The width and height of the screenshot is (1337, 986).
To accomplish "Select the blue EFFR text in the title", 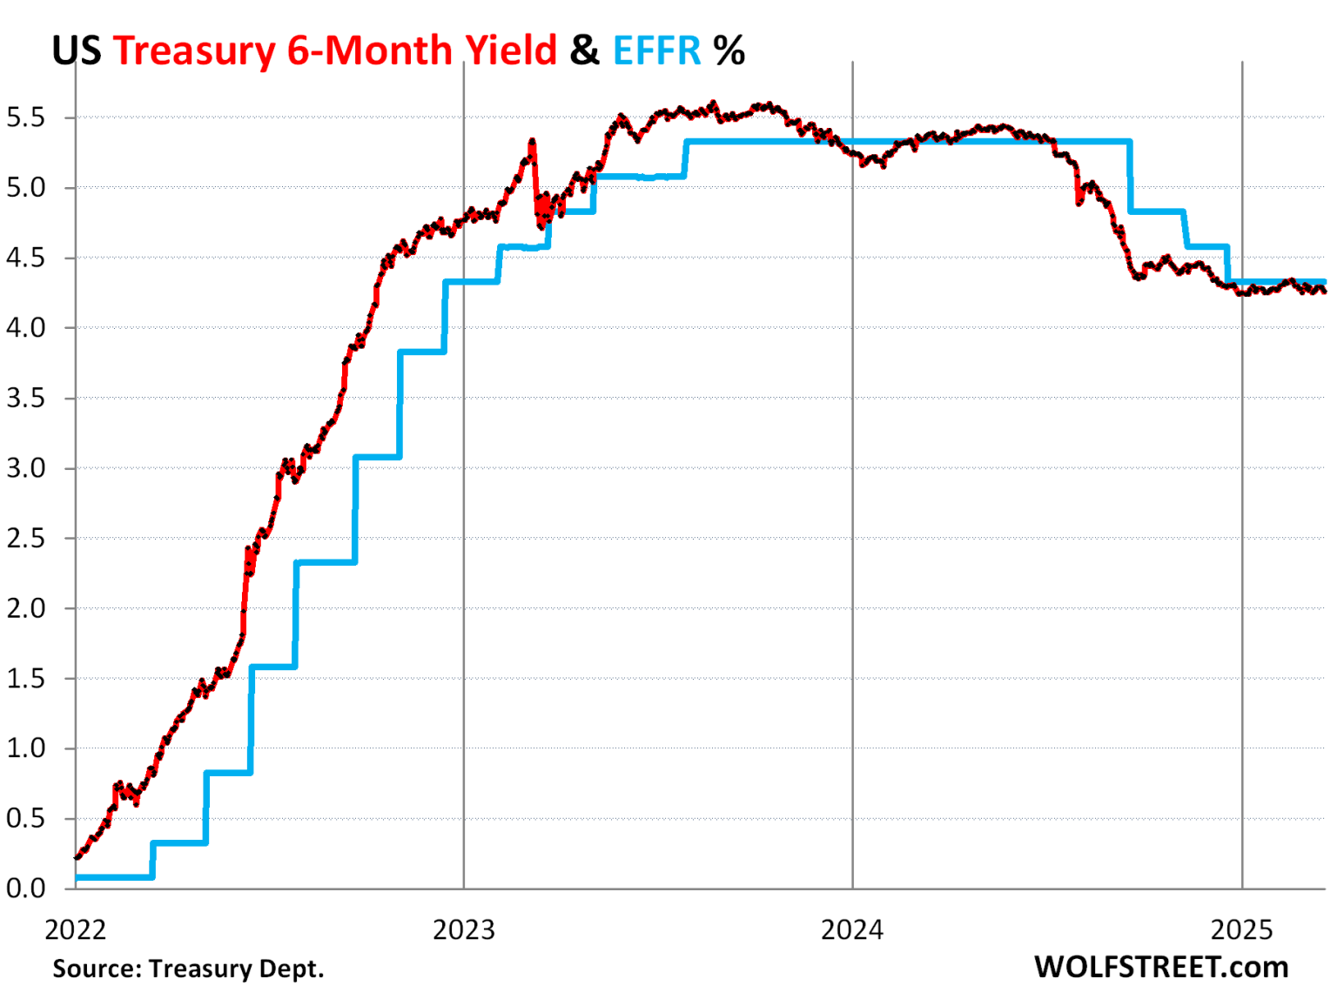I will click(x=656, y=50).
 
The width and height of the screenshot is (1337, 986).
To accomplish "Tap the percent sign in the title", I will click(x=729, y=50).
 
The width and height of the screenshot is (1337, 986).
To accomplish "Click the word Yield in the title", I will click(x=511, y=50).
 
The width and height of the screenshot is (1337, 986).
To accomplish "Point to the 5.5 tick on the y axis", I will click(x=25, y=117).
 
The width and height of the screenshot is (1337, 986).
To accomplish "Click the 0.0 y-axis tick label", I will click(x=25, y=889).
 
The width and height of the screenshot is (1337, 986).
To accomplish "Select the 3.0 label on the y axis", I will click(x=25, y=468).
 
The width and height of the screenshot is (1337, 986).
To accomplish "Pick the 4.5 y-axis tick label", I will click(x=25, y=258).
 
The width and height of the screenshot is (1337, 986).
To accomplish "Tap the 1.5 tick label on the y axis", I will click(x=25, y=679).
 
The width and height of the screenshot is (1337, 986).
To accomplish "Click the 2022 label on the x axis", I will click(x=75, y=929).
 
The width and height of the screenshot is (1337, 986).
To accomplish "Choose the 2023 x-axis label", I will click(x=463, y=929).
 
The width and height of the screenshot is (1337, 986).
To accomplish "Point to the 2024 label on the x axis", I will click(x=851, y=929).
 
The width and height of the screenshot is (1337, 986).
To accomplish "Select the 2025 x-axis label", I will click(x=1241, y=929).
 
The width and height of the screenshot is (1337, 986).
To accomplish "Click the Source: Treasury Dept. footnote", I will click(x=188, y=968).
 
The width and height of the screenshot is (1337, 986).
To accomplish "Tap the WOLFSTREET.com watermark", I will click(x=1161, y=966).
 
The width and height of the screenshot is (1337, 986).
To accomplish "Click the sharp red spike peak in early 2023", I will click(x=532, y=140).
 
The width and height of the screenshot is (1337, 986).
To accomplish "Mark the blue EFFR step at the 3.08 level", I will click(x=377, y=456).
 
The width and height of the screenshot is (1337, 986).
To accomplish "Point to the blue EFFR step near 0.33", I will click(x=179, y=842).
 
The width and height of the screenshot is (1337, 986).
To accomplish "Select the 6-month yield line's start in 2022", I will click(x=77, y=857).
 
